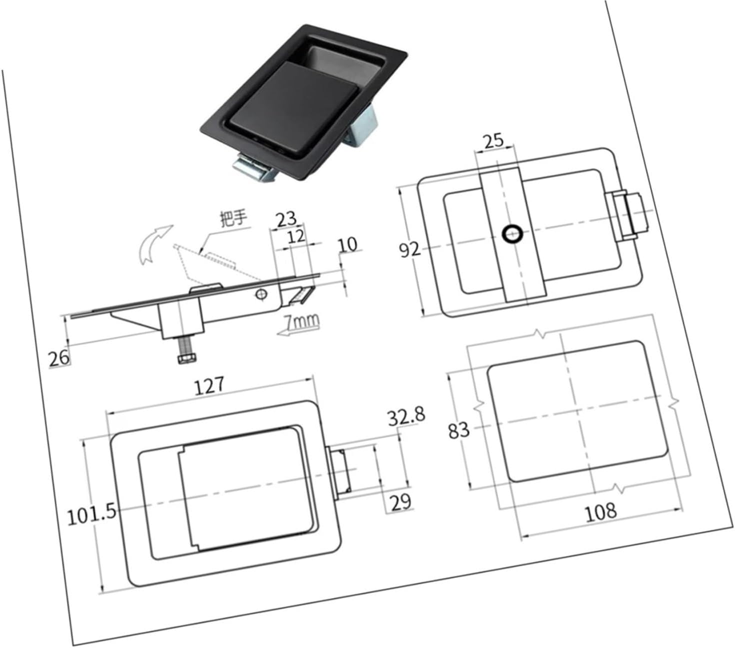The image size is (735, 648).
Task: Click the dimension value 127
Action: (210, 386)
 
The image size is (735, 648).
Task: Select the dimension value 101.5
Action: (92, 514)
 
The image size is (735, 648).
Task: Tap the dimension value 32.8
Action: (406, 416)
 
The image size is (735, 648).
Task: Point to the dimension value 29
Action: (400, 501)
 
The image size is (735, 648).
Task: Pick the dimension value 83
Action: (459, 430)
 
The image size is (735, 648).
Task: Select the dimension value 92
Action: (410, 249)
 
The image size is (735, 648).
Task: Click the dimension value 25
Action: (493, 140)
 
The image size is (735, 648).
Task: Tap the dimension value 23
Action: (286, 219)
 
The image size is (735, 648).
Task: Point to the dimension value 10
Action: (348, 244)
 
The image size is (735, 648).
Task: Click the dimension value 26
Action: (59, 358)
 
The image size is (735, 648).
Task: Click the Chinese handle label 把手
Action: (234, 218)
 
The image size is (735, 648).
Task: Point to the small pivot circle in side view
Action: (260, 294)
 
